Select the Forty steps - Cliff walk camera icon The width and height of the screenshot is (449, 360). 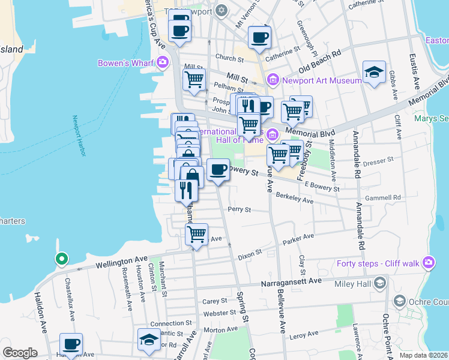coord(428,262)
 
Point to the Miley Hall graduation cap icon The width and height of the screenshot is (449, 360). coord(379,283)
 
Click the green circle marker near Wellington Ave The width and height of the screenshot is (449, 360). coord(61,259)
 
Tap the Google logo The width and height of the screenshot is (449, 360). coord(19,352)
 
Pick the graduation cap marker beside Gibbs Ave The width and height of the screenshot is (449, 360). coord(374,73)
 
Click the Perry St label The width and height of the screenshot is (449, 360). coord(239,210)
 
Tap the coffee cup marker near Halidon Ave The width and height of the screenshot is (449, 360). coord(71,344)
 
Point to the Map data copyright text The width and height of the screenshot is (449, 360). coord(423,355)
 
